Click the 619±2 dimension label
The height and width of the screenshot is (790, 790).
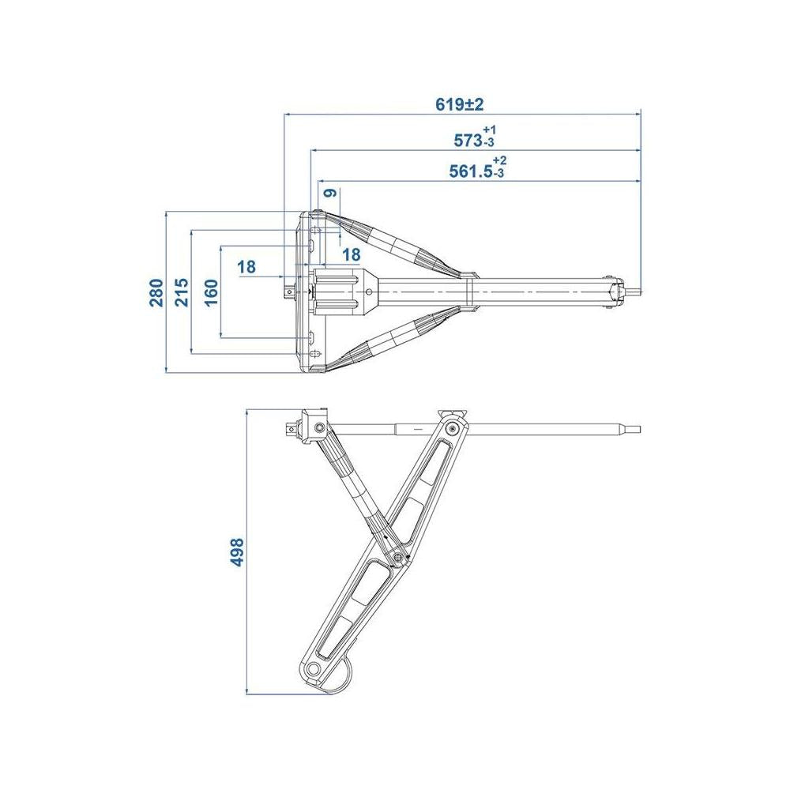(x=460, y=104)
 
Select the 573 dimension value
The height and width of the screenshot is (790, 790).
(x=468, y=141)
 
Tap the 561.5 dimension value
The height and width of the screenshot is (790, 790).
(x=471, y=171)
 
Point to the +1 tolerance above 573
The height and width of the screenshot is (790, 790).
(x=489, y=130)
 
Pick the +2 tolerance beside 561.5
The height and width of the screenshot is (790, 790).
(x=499, y=160)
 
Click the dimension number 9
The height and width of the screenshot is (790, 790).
(x=330, y=193)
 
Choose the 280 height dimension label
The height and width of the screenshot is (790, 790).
(x=156, y=292)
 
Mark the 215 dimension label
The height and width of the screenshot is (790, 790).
(x=181, y=292)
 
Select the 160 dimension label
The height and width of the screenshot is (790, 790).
(x=212, y=292)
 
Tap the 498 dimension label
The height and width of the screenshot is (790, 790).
(x=237, y=553)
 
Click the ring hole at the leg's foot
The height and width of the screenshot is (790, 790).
(x=314, y=669)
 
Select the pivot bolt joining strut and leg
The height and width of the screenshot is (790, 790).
(x=399, y=557)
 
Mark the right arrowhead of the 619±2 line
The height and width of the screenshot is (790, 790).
(x=637, y=115)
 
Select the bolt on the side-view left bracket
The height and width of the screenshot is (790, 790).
(x=319, y=428)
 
